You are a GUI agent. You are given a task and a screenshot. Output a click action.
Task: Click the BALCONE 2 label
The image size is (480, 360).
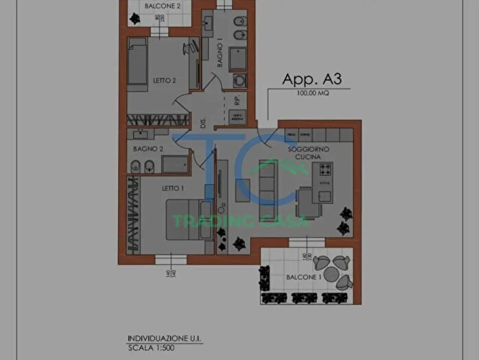coord(163,6)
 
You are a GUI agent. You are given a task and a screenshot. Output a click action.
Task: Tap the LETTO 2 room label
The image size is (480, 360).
coord(165,81)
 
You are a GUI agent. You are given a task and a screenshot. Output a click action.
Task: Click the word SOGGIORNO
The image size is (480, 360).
coord(309,149)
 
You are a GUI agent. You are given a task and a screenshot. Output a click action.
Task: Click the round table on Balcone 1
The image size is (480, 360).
coord(332,272)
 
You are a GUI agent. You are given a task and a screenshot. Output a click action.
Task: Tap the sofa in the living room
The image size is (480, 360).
coord(266,180)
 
